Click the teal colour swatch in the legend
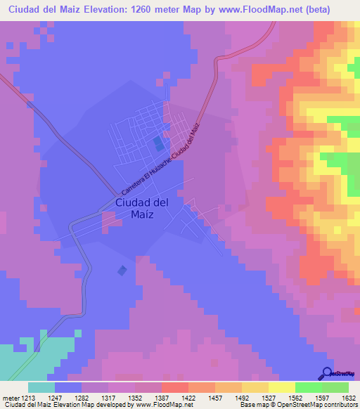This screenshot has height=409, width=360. (41, 387)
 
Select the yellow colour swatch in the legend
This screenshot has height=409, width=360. (281, 387)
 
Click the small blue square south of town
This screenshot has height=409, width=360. (123, 270)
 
